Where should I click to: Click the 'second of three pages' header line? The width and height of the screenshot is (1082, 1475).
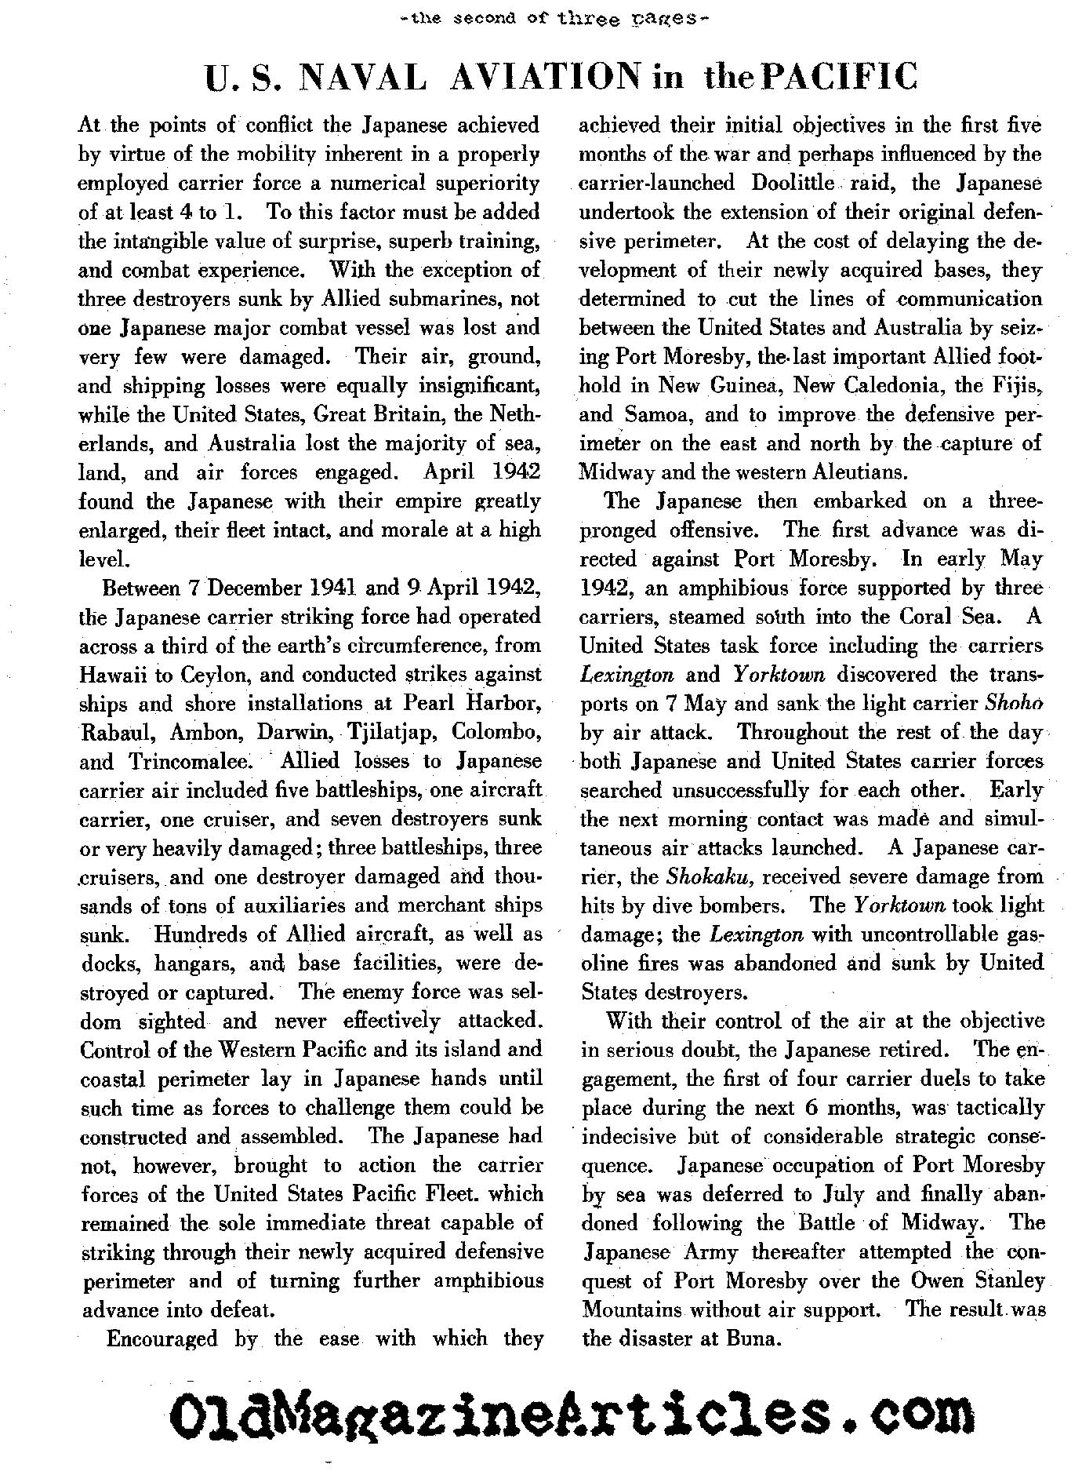point(541,13)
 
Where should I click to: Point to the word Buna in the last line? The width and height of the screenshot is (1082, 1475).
point(752,1338)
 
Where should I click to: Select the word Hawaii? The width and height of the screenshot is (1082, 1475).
point(114,675)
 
